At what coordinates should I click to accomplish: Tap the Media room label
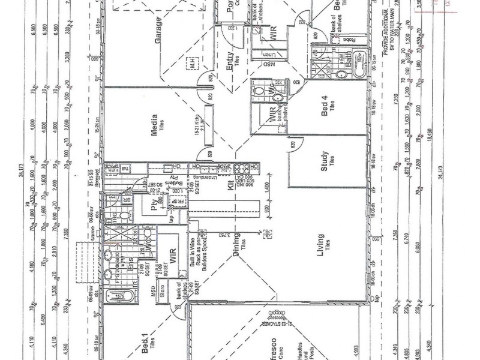tap(154, 125)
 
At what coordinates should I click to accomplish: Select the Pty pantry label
tap(155, 206)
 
